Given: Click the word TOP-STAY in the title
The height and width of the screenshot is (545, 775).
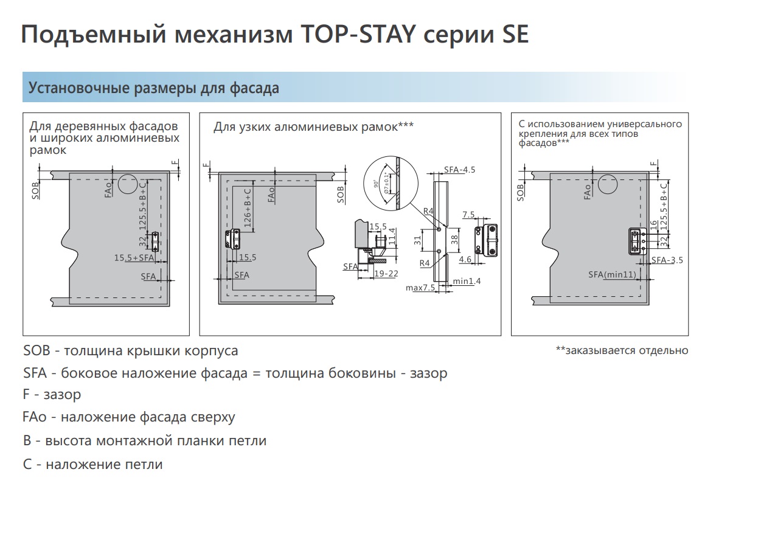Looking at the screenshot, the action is pyautogui.click(x=358, y=34).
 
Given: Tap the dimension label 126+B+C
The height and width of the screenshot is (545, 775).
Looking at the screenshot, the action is pyautogui.click(x=248, y=208).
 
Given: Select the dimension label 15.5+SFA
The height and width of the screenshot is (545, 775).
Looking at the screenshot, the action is pyautogui.click(x=134, y=258).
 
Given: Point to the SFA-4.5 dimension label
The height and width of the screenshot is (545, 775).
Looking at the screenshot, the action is pyautogui.click(x=459, y=170).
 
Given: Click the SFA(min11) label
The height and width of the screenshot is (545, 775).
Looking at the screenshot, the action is pyautogui.click(x=612, y=275).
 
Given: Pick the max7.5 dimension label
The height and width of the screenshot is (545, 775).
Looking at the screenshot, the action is pyautogui.click(x=420, y=288).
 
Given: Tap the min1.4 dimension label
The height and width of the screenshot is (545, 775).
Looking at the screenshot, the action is pyautogui.click(x=467, y=281).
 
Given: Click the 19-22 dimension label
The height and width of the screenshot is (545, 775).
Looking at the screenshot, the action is pyautogui.click(x=386, y=274).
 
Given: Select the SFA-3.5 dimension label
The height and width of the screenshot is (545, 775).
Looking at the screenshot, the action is pyautogui.click(x=667, y=260).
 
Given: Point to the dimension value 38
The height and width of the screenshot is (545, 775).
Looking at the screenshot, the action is pyautogui.click(x=454, y=239).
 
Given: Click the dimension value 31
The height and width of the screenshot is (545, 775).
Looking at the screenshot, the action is pyautogui.click(x=417, y=240).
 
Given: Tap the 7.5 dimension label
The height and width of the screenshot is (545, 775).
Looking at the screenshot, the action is pyautogui.click(x=469, y=215).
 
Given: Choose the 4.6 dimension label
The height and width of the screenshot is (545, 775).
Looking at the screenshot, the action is pyautogui.click(x=465, y=259).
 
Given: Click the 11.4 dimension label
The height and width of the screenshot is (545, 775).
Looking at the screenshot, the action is pyautogui.click(x=392, y=237).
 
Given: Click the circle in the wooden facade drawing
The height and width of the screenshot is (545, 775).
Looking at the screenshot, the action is pyautogui.click(x=128, y=184).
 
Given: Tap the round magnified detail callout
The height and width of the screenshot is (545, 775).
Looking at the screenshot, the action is pyautogui.click(x=391, y=183).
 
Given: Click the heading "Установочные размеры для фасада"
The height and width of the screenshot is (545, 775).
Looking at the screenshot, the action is pyautogui.click(x=154, y=88).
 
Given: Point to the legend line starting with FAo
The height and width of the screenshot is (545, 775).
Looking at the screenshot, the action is pyautogui.click(x=129, y=417).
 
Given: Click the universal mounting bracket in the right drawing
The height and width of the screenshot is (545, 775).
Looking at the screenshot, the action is pyautogui.click(x=638, y=241).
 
